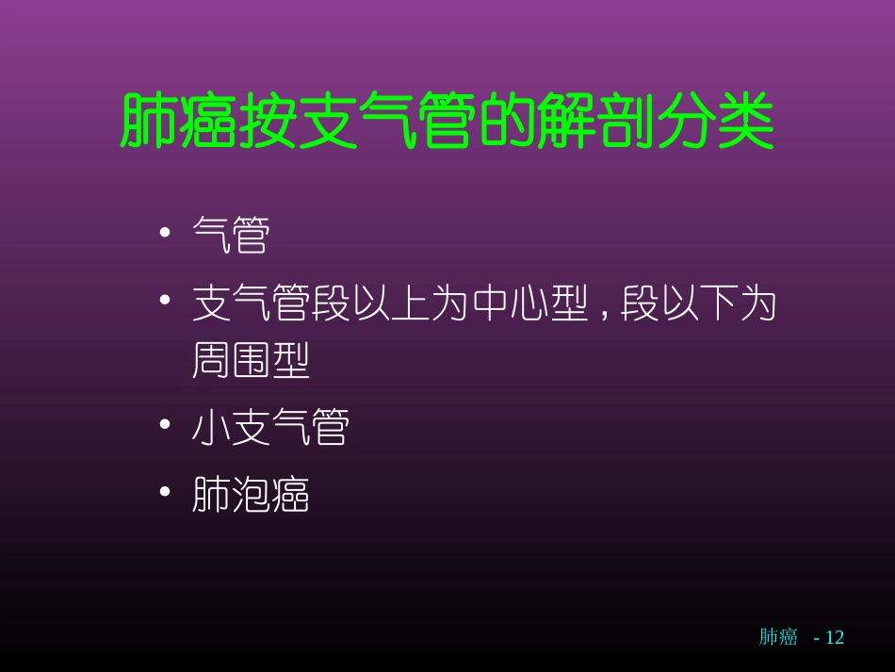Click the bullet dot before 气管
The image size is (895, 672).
pos(165,233)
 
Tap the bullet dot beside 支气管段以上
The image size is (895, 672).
pos(165,302)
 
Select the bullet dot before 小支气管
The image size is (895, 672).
pos(165,426)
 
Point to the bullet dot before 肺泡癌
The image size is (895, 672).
pos(165,492)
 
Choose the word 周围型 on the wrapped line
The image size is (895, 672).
pos(251,360)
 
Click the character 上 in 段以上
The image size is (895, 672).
pos(411,303)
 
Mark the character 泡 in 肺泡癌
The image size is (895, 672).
pos(251,494)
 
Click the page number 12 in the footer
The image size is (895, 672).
pos(835,637)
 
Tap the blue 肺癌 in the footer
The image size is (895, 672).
pos(778,637)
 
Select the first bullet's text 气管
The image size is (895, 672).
pos(231,235)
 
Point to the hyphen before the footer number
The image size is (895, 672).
pos(816,638)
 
